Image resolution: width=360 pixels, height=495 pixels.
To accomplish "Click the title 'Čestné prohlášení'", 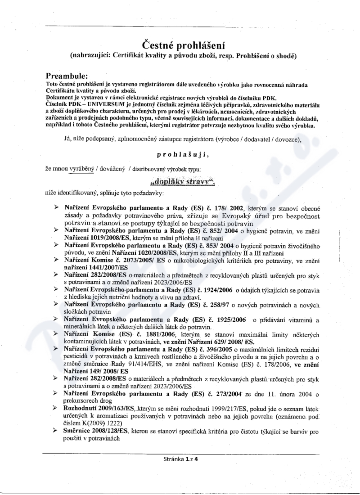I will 183,45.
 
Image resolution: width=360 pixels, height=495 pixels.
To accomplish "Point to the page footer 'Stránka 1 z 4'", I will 180,459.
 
